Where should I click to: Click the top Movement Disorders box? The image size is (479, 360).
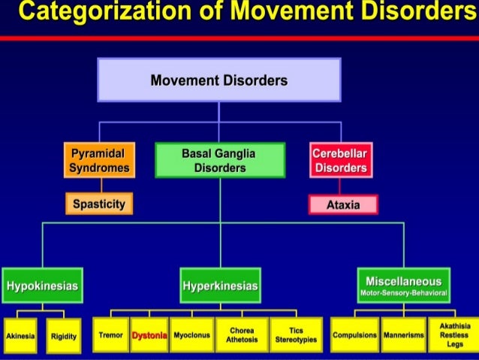[218, 80]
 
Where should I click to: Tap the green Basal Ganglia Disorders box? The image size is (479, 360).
[219, 160]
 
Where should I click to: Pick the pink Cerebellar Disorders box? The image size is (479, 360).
[340, 160]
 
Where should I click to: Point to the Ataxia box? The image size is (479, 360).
[342, 204]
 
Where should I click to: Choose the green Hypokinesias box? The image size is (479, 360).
[42, 286]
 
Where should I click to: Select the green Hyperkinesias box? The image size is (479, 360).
[220, 286]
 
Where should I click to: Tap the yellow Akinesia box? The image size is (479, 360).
[20, 336]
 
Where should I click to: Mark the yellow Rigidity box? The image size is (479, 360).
[64, 336]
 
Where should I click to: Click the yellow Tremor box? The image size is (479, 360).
[111, 335]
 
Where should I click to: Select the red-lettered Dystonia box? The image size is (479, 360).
[149, 335]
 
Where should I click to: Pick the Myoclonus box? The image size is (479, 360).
[191, 335]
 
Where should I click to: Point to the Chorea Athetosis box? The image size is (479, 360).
[242, 335]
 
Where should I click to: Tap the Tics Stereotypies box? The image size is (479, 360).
[296, 335]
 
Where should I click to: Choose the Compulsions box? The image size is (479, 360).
[354, 335]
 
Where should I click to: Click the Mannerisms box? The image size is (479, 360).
[403, 335]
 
